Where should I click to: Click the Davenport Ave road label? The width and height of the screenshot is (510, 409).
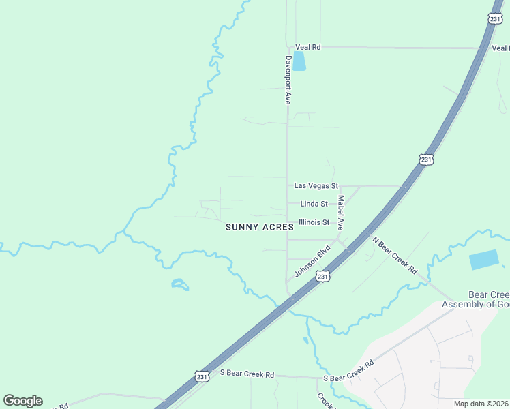(288, 79)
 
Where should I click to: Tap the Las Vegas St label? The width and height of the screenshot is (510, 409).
(316, 185)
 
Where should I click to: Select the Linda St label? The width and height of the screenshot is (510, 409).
(314, 204)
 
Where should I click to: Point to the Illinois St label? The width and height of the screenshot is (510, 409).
(314, 222)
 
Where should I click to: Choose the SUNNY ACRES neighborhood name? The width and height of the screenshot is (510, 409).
(260, 227)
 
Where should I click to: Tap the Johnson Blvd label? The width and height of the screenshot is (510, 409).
(312, 261)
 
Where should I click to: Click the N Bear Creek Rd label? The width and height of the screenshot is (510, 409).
(395, 255)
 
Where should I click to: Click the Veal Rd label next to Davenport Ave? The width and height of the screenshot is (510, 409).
(307, 47)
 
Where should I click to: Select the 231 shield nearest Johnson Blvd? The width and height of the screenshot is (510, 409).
(323, 276)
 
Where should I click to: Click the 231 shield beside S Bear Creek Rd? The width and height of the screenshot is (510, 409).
(201, 376)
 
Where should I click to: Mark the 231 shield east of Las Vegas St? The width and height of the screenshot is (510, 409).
(426, 160)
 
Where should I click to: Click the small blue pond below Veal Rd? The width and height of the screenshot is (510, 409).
(299, 61)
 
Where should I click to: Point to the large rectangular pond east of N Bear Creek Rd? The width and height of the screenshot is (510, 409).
(483, 260)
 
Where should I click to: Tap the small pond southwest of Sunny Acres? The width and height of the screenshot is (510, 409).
(180, 284)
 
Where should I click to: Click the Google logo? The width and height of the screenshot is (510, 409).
(22, 401)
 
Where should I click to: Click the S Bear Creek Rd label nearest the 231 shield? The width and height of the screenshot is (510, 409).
(247, 374)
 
